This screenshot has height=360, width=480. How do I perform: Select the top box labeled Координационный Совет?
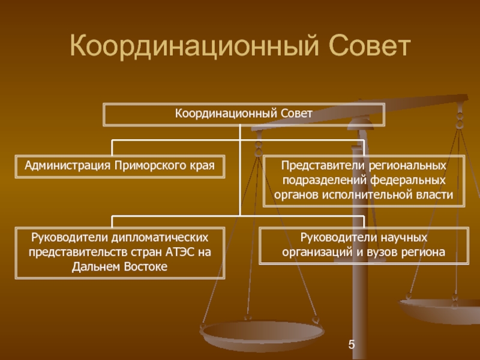244,113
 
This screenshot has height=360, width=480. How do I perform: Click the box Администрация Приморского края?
120,166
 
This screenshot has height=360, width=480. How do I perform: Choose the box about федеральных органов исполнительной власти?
364,180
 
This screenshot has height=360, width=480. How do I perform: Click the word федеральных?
410,180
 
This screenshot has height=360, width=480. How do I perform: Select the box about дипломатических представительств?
120,252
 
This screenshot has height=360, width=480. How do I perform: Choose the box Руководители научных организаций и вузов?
364,245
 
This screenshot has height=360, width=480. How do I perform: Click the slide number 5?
352,344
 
